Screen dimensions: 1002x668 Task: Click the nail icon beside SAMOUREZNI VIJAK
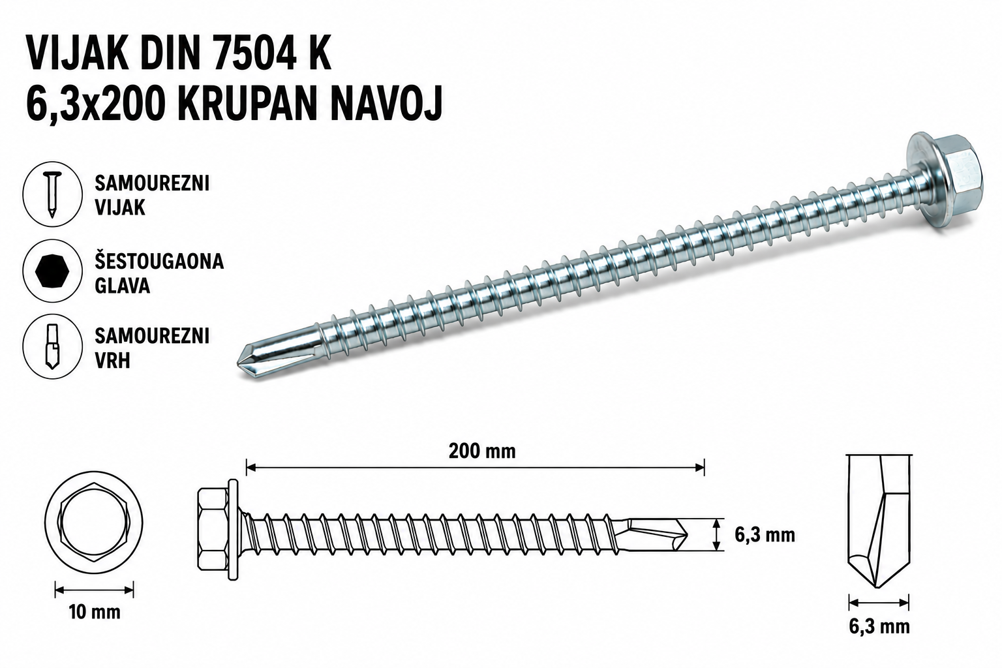(x=53, y=194)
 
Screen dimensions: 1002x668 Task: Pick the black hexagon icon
(x=53, y=271)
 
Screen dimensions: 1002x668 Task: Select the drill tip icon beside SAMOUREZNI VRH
(x=53, y=346)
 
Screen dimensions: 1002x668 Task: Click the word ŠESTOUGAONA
(x=159, y=262)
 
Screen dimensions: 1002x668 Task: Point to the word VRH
(x=112, y=361)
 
